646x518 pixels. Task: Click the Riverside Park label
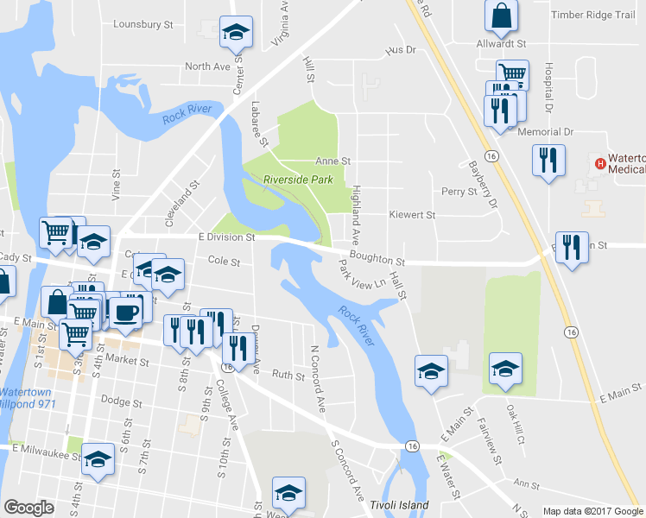click(x=298, y=180)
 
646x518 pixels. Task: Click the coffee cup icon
click(x=126, y=312)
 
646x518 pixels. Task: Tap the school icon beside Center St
click(x=235, y=32)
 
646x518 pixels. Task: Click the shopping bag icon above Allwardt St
click(x=501, y=15)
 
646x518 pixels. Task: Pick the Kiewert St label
click(x=412, y=215)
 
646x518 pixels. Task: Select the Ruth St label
click(x=288, y=376)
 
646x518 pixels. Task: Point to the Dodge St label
click(x=121, y=401)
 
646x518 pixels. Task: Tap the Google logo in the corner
click(x=28, y=508)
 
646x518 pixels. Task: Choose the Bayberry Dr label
click(x=484, y=184)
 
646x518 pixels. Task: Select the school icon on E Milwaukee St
click(x=98, y=459)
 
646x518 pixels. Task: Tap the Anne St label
click(x=332, y=161)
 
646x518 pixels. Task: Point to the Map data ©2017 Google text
click(x=592, y=511)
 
